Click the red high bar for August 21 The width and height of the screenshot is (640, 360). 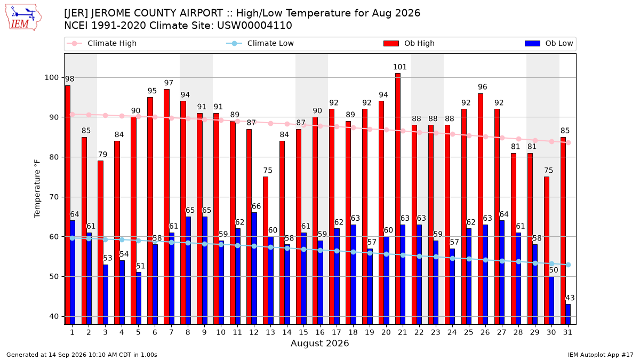pyautogui.click(x=398, y=199)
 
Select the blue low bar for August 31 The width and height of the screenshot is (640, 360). pyautogui.click(x=568, y=314)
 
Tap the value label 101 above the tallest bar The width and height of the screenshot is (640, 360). pyautogui.click(x=399, y=67)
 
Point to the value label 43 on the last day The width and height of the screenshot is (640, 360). pyautogui.click(x=570, y=298)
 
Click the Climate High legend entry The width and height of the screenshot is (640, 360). pyautogui.click(x=101, y=43)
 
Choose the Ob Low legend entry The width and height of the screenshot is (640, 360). pyautogui.click(x=549, y=43)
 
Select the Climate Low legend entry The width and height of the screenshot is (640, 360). pyautogui.click(x=260, y=43)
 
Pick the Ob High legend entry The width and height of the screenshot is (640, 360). pyautogui.click(x=409, y=43)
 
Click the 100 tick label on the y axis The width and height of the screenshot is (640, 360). pyautogui.click(x=51, y=78)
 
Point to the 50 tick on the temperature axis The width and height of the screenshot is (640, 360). pyautogui.click(x=54, y=277)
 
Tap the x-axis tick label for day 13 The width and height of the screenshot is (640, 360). pyautogui.click(x=270, y=332)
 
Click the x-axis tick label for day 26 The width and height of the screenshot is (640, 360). pyautogui.click(x=485, y=332)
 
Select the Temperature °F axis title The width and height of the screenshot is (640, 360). pyautogui.click(x=37, y=189)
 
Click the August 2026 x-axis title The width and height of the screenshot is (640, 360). pyautogui.click(x=320, y=343)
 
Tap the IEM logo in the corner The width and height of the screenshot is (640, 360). pyautogui.click(x=23, y=18)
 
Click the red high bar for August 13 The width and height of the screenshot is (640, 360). pyautogui.click(x=266, y=251)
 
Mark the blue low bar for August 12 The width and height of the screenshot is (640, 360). pyautogui.click(x=254, y=269)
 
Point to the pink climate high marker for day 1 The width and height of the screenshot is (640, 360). pyautogui.click(x=73, y=114)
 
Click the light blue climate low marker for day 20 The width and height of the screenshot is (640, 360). pyautogui.click(x=386, y=254)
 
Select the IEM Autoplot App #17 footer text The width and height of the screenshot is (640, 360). pyautogui.click(x=601, y=355)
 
